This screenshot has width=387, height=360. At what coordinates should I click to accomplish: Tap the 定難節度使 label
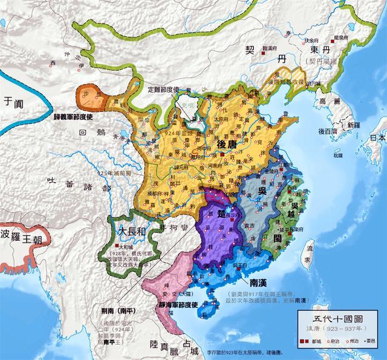(163, 88)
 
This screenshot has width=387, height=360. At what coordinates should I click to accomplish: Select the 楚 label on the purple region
(222, 214)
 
